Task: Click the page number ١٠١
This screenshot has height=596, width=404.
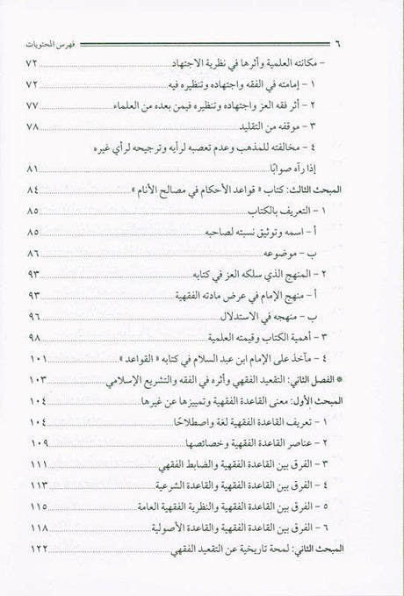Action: tap(61, 358)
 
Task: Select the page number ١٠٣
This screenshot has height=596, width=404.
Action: tap(61, 379)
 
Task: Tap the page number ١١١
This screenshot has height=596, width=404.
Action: tap(61, 463)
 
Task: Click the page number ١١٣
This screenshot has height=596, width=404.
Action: tap(61, 485)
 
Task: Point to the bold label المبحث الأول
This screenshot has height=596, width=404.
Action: tap(321, 400)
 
